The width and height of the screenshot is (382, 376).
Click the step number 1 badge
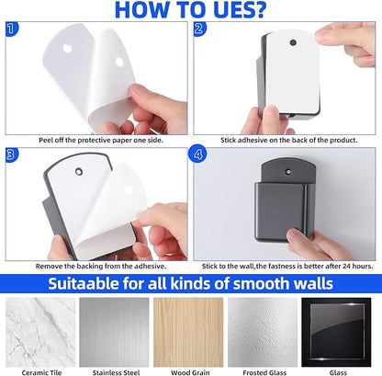pos(12,28)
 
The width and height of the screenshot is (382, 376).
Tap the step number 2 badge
pos(200,28)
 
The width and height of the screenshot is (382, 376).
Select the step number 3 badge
pos(12,154)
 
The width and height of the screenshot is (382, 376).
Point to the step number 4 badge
pos(197,154)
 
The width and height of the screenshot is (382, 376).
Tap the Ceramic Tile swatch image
pos(40,332)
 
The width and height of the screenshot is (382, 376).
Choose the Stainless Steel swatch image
pos(114,332)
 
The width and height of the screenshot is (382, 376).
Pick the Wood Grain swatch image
pos(188,332)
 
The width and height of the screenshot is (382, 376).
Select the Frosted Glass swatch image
pos(263,332)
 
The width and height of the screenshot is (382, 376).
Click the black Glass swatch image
pos(336,332)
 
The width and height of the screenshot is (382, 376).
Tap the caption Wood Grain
pos(190,372)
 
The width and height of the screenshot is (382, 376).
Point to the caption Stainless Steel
pos(116,372)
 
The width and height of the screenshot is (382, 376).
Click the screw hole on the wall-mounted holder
pos(287,172)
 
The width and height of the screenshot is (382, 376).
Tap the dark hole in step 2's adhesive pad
pos(293,42)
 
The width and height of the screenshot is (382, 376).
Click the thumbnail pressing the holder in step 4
pos(295,235)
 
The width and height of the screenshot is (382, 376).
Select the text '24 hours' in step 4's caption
pos(358,266)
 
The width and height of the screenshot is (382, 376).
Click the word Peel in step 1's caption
pos(46,140)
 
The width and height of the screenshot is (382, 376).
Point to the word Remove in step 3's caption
pos(48,266)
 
